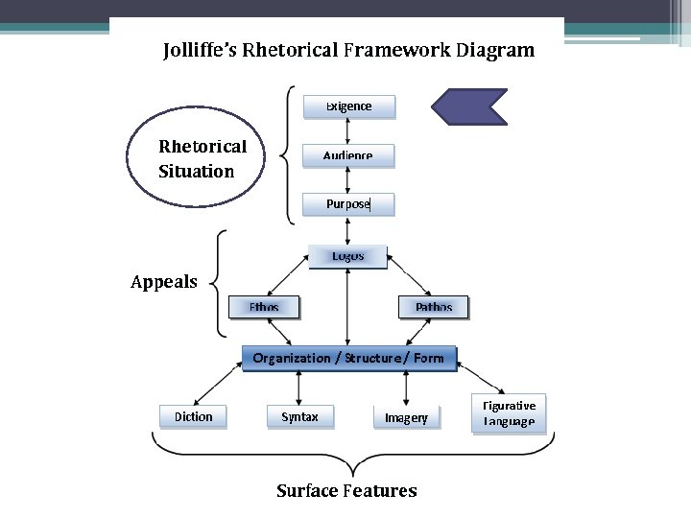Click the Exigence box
(x=349, y=106)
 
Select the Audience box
(x=348, y=155)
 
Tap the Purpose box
(x=348, y=204)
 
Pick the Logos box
(x=347, y=257)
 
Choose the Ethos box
(x=264, y=307)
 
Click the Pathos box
(x=433, y=307)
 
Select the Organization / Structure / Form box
(x=349, y=358)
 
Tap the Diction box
(x=193, y=416)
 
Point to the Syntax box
(x=300, y=416)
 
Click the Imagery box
(x=406, y=417)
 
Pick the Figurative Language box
(x=509, y=413)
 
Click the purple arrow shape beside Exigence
(x=469, y=107)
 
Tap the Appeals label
(x=164, y=282)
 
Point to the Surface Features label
(x=346, y=490)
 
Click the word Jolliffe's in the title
(x=200, y=50)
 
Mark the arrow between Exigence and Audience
(x=347, y=131)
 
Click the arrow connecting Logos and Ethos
(x=288, y=275)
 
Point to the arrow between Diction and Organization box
(x=218, y=384)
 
